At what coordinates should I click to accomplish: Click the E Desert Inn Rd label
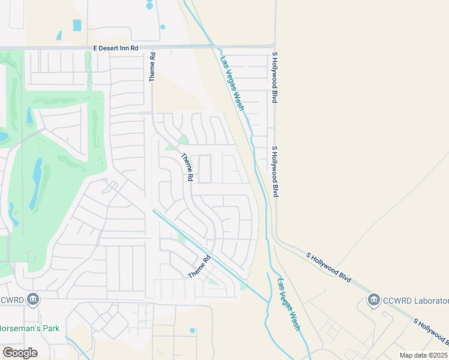pyautogui.click(x=116, y=47)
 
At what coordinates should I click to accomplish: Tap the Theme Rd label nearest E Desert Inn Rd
pyautogui.click(x=152, y=67)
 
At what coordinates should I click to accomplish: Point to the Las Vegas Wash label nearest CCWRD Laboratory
pyautogui.click(x=289, y=304)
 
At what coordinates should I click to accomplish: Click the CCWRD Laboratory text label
pyautogui.click(x=417, y=300)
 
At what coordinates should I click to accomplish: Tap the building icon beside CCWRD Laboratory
pyautogui.click(x=374, y=299)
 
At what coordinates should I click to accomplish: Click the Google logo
pyautogui.click(x=20, y=353)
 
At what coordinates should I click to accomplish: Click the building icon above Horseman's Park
pyautogui.click(x=33, y=299)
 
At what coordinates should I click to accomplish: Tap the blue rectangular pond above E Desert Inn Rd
pyautogui.click(x=77, y=25)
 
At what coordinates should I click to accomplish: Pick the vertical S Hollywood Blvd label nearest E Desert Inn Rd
pyautogui.click(x=274, y=77)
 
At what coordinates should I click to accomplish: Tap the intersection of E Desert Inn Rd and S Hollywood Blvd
pyautogui.click(x=274, y=46)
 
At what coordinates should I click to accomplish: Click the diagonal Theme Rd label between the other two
pyautogui.click(x=187, y=167)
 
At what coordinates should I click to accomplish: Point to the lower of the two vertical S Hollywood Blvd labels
pyautogui.click(x=275, y=172)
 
